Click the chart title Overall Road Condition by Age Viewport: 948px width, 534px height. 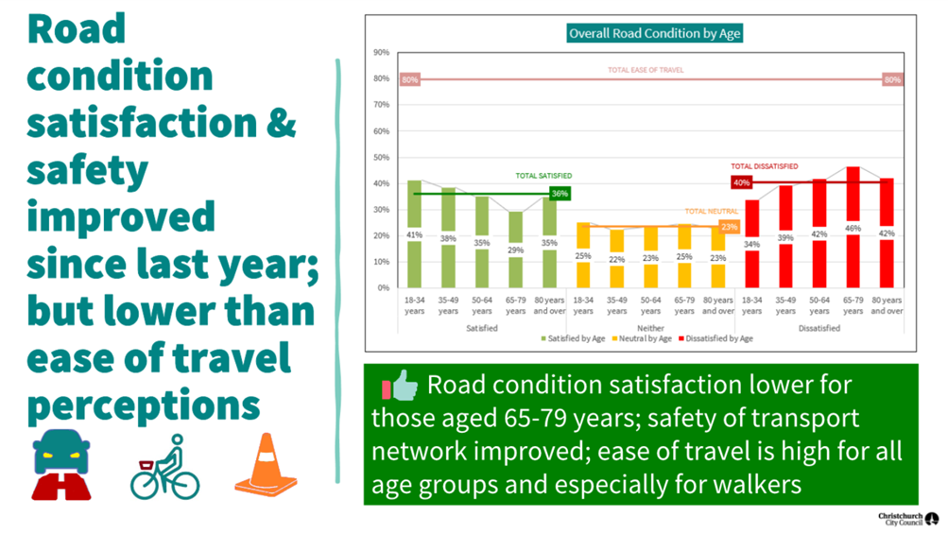654,33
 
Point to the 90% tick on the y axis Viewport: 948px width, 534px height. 382,53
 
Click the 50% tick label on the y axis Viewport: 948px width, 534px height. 382,157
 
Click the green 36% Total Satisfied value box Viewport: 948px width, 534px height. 560,194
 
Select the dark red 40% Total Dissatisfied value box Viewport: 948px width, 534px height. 741,182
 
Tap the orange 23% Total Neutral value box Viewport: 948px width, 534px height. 729,227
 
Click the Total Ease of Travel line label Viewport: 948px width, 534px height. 645,70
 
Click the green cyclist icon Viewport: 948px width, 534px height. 165,467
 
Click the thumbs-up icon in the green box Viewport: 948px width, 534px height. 398,387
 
